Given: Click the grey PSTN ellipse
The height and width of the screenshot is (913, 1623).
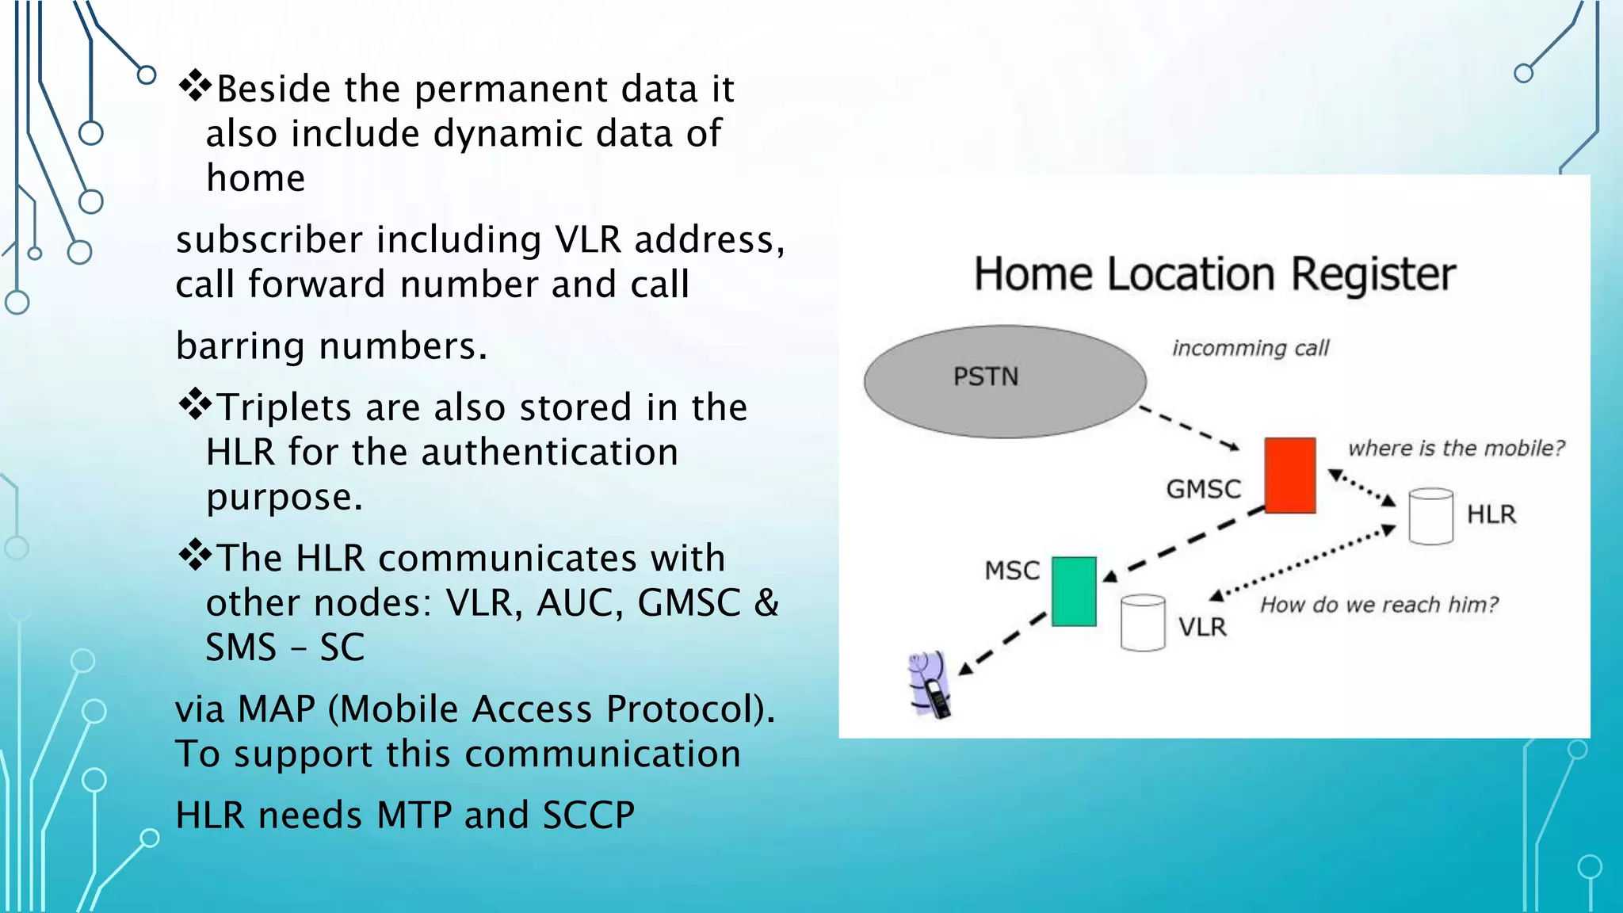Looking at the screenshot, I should (1005, 381).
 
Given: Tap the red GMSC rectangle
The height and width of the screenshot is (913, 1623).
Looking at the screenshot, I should (1289, 475).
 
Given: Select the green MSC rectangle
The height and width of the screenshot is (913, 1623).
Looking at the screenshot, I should (1074, 591).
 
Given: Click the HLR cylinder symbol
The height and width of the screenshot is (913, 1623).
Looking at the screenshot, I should (1430, 516).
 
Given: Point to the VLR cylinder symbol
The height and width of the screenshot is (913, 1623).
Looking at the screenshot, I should (1143, 623).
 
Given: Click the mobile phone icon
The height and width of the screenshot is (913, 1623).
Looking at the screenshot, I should (931, 686).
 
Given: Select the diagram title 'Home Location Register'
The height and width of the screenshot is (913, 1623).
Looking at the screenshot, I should (1214, 274).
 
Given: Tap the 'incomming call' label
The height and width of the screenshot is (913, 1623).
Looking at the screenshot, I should (1251, 348).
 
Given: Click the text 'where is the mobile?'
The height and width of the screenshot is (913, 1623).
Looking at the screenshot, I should (1456, 448).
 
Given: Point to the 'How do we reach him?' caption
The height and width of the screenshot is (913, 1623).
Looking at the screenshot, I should (1379, 605).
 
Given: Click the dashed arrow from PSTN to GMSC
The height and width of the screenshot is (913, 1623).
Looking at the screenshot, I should (1189, 428).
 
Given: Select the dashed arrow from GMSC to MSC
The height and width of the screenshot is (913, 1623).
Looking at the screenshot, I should (1185, 541).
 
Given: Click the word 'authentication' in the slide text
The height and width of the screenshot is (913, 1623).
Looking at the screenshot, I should (549, 452).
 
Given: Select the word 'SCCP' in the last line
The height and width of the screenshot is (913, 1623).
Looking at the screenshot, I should (588, 815).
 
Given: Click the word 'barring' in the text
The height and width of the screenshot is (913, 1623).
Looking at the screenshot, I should (240, 346).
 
